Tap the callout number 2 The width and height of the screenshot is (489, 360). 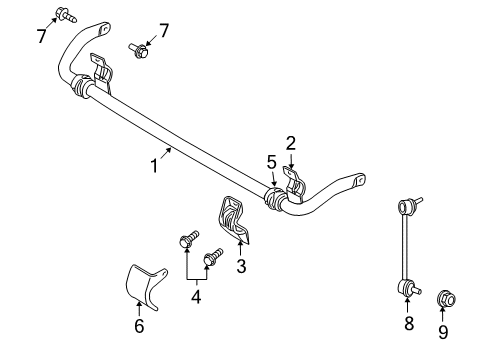click(x=291, y=143)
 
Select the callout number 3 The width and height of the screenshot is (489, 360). click(x=240, y=265)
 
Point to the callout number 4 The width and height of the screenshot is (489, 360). click(x=196, y=296)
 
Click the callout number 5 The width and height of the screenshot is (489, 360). click(x=271, y=161)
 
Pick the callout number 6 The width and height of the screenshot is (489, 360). click(x=139, y=325)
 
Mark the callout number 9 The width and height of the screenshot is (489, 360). click(x=443, y=332)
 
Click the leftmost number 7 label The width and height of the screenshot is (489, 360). click(x=41, y=37)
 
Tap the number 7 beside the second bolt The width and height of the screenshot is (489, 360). click(x=164, y=31)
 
